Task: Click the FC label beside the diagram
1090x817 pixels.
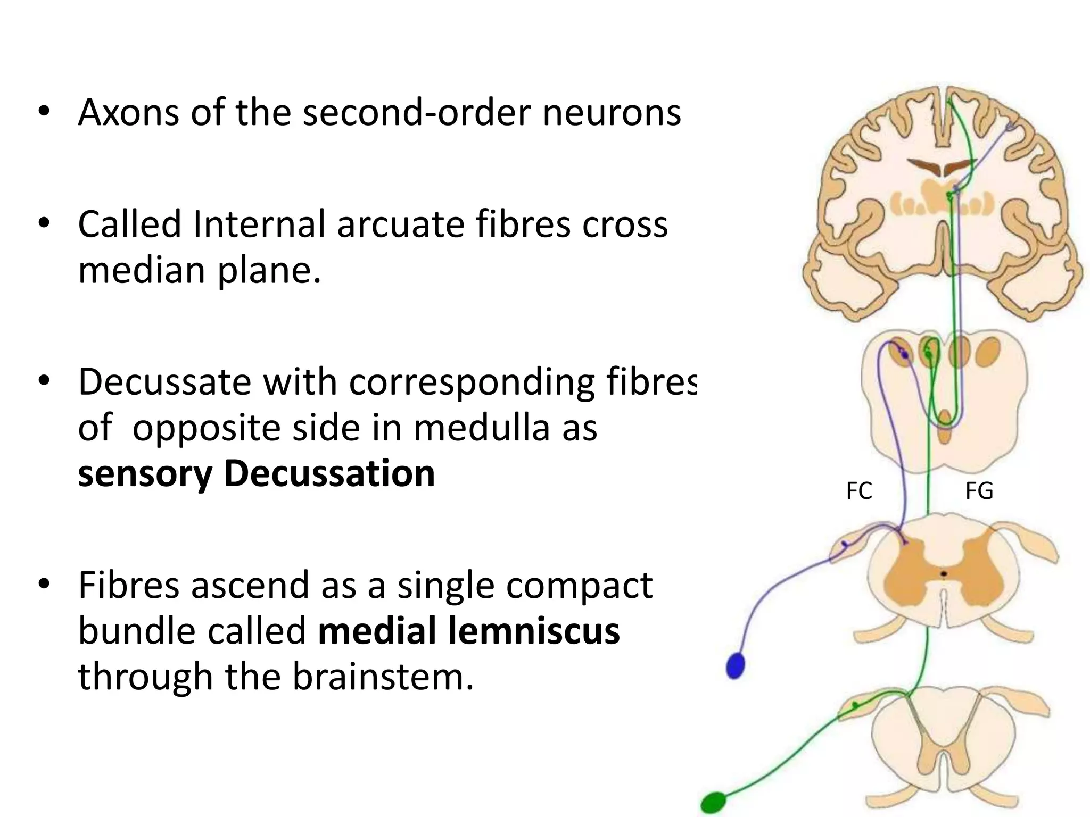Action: pos(859,491)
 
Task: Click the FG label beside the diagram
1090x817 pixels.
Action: pos(979,491)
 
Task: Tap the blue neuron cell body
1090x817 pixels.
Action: pos(736,665)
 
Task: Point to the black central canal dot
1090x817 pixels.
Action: pos(944,574)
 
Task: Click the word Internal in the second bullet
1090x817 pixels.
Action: pos(259,223)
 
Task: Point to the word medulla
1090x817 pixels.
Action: pos(482,428)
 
